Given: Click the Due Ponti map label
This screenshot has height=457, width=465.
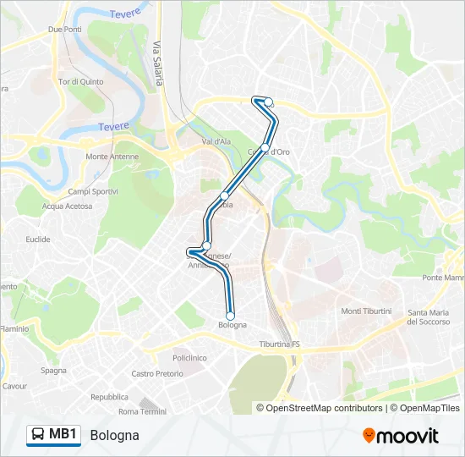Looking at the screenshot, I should pos(65,29).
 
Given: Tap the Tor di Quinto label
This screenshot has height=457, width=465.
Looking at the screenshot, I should pos(81,82).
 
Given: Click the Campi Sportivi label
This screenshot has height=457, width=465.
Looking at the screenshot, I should pos(92,191).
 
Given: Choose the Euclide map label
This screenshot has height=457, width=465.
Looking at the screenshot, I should pos(38,240).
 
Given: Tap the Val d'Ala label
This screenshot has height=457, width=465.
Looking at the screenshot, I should pos(216,141).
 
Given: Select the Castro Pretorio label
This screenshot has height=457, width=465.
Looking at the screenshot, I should pos(157,374).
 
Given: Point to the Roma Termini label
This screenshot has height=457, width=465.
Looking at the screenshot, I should pos(142,411).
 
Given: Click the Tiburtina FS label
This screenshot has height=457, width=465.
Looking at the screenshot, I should pos(280,344).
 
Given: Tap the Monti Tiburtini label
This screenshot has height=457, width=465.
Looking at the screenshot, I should pos(366,311).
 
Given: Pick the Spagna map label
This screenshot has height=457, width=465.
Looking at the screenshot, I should pos(53,371).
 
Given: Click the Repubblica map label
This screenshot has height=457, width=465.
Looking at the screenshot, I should pos(109,396).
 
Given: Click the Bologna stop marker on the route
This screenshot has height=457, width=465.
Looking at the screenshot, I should pos(230,316).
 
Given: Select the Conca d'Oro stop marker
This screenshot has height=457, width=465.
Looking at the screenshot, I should pos(265,148).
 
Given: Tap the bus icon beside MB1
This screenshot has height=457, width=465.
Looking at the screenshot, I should pos(38,435).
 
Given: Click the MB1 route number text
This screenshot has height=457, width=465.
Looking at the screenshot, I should pos(63,435).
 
